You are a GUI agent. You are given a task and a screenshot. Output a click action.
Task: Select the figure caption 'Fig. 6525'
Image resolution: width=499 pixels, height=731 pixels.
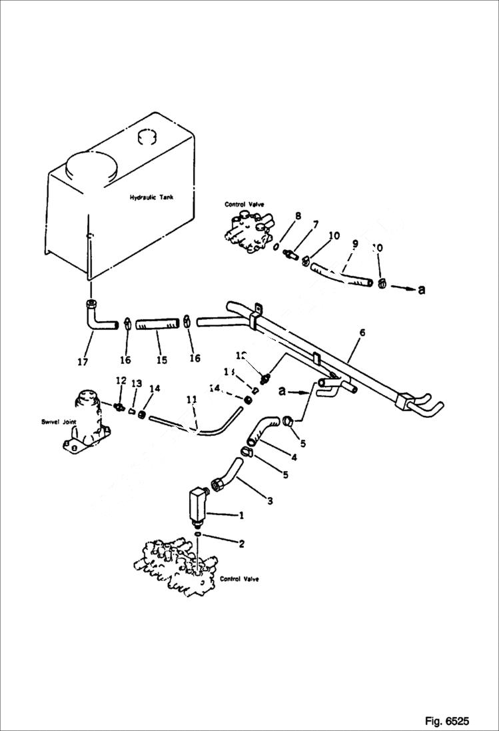[x=446, y=721]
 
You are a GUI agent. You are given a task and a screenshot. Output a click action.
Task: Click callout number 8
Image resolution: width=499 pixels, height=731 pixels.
[x=298, y=216]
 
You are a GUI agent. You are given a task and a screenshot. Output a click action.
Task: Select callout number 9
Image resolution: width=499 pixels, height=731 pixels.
[x=355, y=245]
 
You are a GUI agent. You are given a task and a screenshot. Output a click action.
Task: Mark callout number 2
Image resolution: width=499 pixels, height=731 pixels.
[x=241, y=544]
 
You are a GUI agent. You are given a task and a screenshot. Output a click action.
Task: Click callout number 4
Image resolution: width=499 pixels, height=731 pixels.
[x=293, y=458]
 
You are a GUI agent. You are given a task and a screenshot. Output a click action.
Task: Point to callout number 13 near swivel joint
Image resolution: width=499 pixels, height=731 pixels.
[x=137, y=383]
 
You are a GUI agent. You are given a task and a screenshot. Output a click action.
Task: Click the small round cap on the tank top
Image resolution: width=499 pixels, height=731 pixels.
[x=146, y=137]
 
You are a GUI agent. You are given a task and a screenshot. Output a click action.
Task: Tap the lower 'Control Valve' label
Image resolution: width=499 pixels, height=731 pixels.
[x=238, y=579]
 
